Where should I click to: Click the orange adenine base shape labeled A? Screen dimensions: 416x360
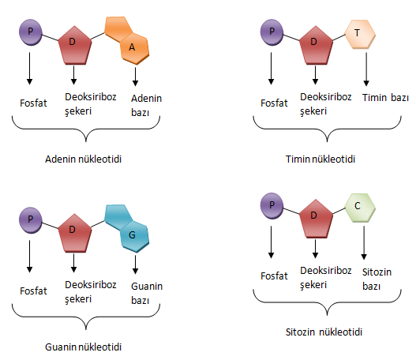coord(127,40)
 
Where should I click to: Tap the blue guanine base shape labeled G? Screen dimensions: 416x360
coord(127,228)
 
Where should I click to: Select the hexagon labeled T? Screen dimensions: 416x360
coord(360,34)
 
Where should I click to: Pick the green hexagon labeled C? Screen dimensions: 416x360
coord(360,208)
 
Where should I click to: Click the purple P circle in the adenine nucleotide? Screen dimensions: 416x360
coord(31,32)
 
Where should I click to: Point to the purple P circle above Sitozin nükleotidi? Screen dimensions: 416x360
coord(272,205)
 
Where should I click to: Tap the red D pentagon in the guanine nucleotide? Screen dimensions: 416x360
coord(75,233)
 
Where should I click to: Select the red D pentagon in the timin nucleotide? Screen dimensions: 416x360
coord(316,45)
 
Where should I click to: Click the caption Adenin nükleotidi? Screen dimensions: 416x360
coord(84,159)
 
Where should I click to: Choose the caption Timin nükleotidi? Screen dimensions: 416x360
coord(320,159)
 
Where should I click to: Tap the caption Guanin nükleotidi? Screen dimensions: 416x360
coord(84,347)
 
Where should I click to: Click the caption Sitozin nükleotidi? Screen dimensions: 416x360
coord(324,332)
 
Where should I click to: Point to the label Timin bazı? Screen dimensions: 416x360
coord(385,98)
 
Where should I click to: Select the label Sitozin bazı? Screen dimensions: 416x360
coord(377,279)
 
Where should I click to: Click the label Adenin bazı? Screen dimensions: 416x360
coord(147,105)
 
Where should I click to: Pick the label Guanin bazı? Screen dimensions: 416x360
coord(147,293)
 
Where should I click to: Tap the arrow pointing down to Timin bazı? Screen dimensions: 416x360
coord(366,69)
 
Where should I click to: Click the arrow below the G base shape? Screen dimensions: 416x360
coord(135,264)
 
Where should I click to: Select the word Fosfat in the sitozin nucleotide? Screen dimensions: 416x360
coord(274,276)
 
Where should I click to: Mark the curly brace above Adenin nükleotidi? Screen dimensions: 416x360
coord(86,129)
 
